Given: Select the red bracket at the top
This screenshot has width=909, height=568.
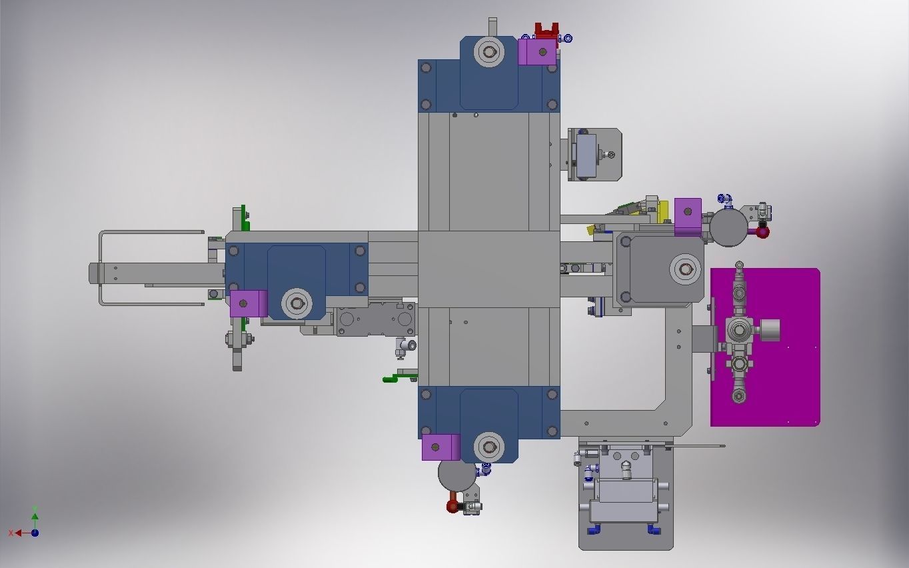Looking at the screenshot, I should pos(546,31).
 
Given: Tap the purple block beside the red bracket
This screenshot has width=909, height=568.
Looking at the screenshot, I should pos(536,52).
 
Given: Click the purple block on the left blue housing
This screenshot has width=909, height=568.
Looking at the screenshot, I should pos(248,303).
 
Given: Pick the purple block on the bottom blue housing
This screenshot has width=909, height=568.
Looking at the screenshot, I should pos(441,447).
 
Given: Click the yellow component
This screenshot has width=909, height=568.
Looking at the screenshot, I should pos(662,213).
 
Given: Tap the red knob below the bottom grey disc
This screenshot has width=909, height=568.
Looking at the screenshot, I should pos(453,506).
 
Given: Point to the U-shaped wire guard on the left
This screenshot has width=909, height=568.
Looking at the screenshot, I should pos(102,267).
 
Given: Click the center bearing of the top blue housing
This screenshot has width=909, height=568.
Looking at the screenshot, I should pos(489,53).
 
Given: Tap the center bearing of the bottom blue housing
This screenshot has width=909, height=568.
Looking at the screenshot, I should pos(489,447).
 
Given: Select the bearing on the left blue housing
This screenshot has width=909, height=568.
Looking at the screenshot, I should pos(297,304).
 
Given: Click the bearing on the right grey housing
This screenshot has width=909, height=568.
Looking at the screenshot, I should pos(684,269).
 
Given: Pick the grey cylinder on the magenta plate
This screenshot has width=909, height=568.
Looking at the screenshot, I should pos(769,330).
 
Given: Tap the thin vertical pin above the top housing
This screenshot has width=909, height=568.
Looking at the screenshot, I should pos(492,27).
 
